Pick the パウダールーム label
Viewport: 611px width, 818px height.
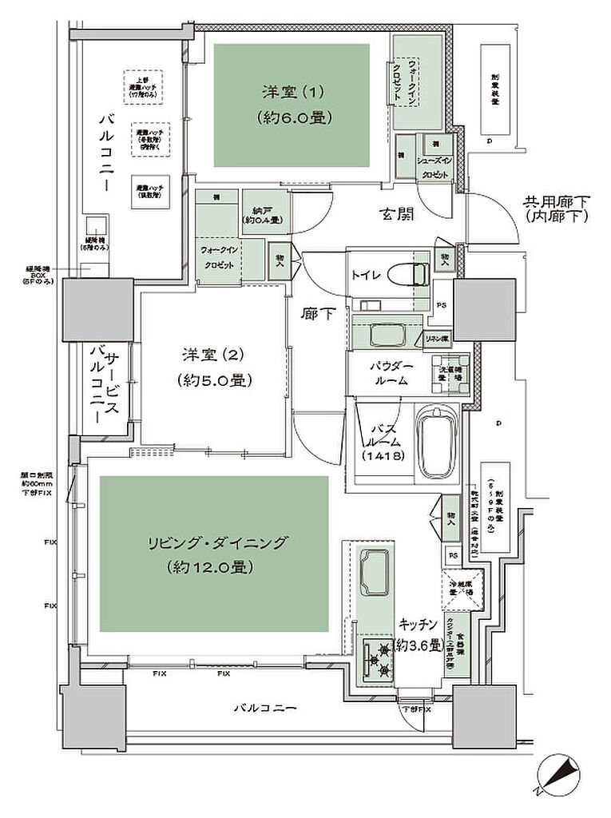pos(391,373)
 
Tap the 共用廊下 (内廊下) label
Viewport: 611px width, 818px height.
pos(557,209)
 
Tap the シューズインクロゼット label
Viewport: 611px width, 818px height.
pos(436,165)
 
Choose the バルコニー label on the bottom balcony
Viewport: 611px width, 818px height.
pos(265,707)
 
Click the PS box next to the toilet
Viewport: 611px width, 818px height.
pos(441,304)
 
